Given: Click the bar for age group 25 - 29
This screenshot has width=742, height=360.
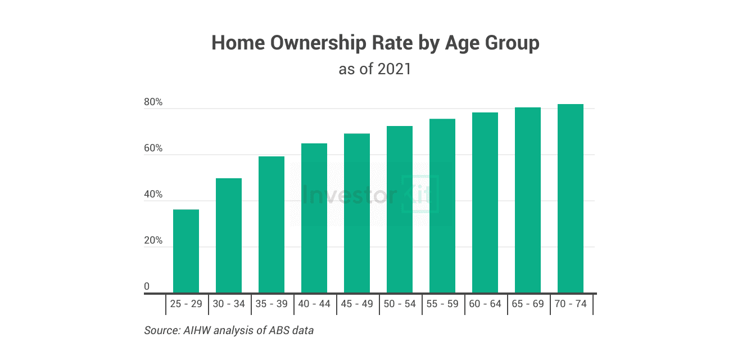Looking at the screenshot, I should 186,251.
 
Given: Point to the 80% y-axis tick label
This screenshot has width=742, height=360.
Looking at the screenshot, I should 153,103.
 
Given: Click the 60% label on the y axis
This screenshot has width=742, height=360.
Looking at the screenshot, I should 153,149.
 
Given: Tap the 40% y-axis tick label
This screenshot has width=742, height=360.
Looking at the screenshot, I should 153,195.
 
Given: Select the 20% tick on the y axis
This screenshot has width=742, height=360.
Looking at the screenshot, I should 153,241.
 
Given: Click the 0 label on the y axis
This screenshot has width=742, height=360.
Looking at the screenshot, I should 147,287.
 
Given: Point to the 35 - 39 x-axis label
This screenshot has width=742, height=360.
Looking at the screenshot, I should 272,304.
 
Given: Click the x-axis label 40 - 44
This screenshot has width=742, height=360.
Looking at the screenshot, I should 314,304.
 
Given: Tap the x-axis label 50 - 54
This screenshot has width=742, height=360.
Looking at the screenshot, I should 400,304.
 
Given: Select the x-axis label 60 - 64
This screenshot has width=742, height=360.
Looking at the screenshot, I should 485,304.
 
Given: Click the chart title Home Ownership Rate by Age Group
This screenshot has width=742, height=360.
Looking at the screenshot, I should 375,43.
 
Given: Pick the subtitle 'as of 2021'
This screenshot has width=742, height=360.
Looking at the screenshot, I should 375,69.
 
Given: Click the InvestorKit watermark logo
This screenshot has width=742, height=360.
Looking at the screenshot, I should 370,195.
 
